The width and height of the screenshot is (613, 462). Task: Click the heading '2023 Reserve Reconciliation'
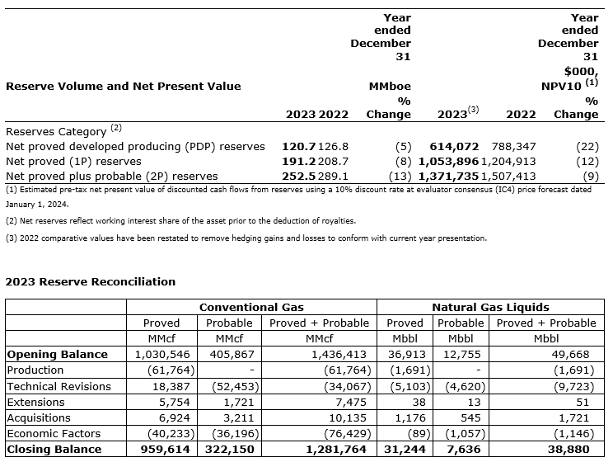coord(91,281)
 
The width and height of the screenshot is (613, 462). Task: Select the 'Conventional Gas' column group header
coord(251,307)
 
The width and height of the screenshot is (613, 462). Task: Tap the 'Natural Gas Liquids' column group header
coord(490,307)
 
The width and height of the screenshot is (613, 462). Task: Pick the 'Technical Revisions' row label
coord(58,386)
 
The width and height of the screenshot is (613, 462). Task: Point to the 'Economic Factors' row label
coord(54,433)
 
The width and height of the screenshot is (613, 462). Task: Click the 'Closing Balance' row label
coord(54,449)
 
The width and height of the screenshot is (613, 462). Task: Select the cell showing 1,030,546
coord(162,354)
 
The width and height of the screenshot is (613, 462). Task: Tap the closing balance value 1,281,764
coord(339,449)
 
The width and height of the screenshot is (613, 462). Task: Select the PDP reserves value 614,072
coord(455,146)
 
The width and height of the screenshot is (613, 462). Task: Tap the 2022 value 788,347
coord(514,146)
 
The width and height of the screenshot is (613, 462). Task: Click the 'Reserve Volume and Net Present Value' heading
coord(124,86)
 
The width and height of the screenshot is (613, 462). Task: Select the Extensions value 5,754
coord(173,402)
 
